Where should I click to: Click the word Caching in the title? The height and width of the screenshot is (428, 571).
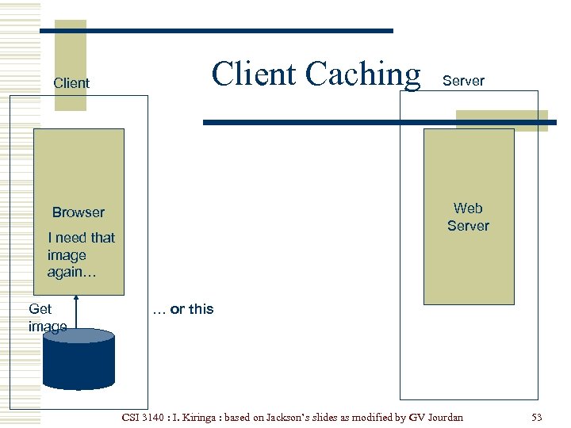[x=362, y=75]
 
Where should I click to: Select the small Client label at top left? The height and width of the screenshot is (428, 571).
[x=71, y=83]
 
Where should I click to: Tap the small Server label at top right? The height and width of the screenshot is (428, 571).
[x=463, y=81]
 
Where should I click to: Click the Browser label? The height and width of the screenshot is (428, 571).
[x=79, y=212]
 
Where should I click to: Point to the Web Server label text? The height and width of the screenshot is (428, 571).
[x=468, y=217]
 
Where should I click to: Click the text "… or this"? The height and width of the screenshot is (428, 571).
[x=183, y=309]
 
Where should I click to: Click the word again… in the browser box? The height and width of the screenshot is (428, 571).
[x=71, y=273]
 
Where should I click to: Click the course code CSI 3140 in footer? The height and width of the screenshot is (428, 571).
[x=147, y=417]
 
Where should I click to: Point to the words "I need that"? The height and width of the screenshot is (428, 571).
[x=81, y=238]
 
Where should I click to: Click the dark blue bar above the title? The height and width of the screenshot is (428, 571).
[x=217, y=31]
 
